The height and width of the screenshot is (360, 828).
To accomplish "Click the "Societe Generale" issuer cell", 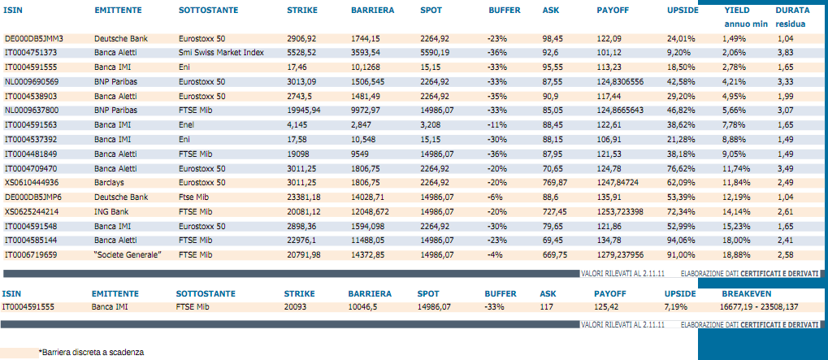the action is coord(128,255).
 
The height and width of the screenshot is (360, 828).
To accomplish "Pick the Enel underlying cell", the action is coord(185,125).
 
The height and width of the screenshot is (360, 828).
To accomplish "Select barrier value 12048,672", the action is coord(369,211).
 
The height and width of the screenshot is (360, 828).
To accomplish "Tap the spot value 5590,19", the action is coord(435,53).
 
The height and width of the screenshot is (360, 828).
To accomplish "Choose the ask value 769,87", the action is coord(554,183).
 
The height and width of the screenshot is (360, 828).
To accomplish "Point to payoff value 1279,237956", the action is coord(622,255).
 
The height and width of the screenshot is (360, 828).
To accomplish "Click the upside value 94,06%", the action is coord(681,241).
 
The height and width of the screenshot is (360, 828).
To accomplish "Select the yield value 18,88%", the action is coord(734,255).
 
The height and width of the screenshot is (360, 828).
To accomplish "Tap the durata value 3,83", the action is coord(785,53).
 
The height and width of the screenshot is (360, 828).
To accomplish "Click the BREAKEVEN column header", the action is coord(746,293).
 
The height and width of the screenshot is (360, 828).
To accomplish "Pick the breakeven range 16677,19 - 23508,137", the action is coord(760,306).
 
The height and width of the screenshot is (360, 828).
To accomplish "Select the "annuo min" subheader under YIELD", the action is coord(745,24).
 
